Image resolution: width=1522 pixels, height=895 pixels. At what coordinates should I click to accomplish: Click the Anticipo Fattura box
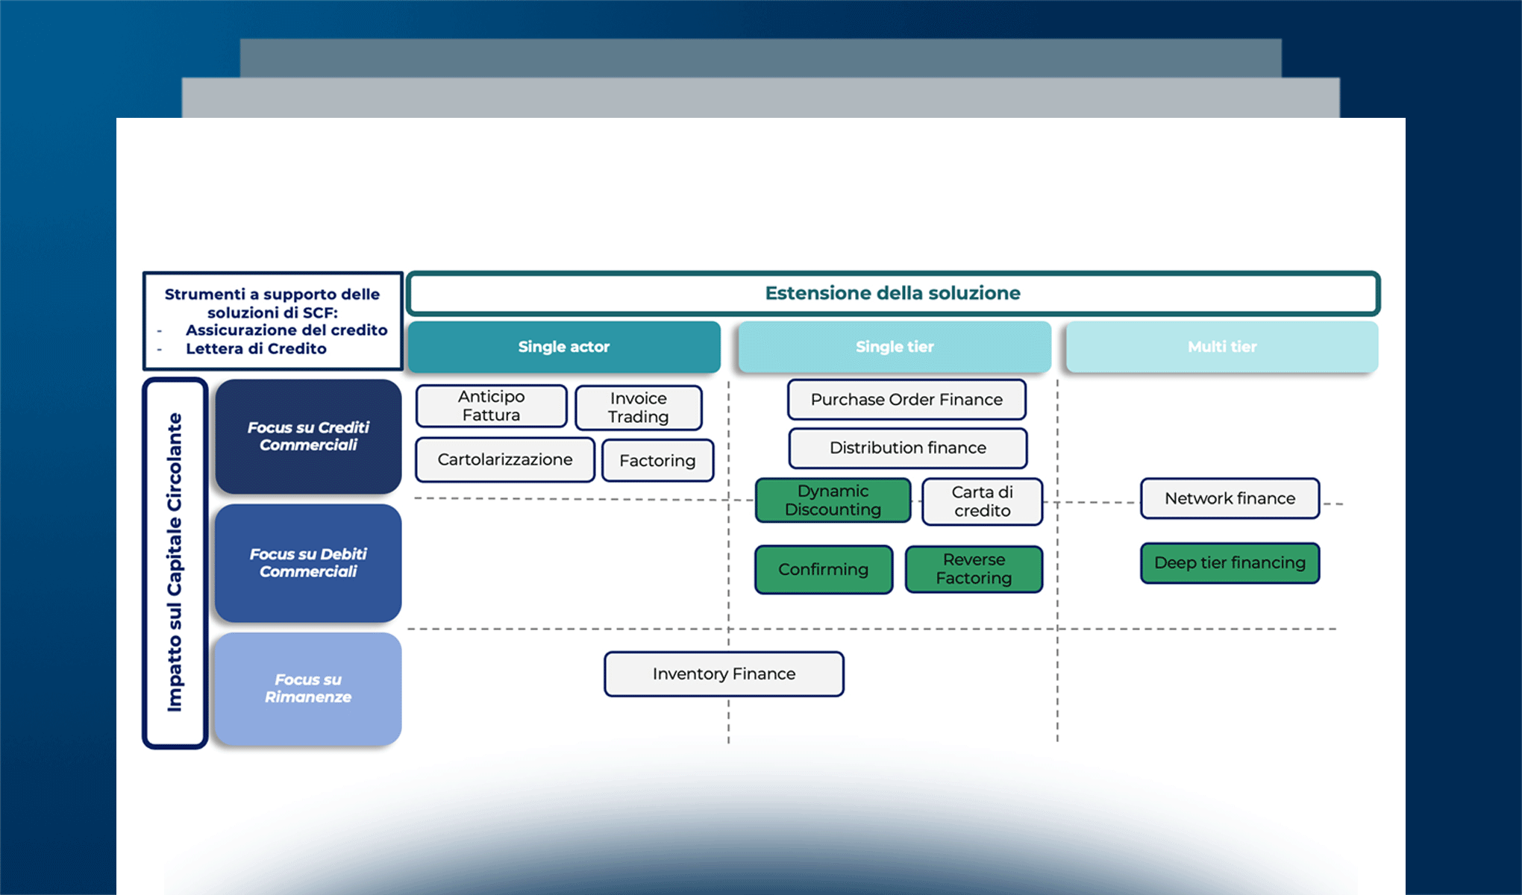coord(491,406)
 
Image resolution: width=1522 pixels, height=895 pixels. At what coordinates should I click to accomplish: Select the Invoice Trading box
coord(638,407)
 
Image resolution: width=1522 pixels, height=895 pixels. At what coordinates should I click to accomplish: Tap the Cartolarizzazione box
coord(505,459)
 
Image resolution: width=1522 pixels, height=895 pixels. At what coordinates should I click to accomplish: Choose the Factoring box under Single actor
coord(657,461)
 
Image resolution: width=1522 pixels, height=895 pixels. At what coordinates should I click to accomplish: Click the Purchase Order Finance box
coord(906,400)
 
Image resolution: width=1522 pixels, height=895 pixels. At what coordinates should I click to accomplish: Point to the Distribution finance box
coord(907,447)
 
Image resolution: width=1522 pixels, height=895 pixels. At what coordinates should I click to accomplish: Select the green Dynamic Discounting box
coord(833,500)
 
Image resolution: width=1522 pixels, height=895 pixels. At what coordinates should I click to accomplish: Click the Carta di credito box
coord(982,501)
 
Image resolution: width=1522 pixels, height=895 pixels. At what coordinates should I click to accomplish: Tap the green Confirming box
coord(823,570)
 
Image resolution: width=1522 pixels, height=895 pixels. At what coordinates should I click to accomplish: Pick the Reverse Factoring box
coord(974,569)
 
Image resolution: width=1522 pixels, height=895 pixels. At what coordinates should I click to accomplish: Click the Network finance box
coord(1230,498)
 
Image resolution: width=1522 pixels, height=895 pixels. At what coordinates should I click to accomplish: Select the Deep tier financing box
coord(1230,563)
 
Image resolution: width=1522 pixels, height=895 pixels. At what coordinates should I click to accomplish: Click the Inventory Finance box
coord(724,674)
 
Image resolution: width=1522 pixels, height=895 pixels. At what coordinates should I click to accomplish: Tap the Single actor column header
coord(564,347)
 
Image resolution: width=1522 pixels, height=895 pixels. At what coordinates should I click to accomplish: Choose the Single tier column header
coord(895,347)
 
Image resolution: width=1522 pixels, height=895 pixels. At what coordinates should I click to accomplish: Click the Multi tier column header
coord(1222,347)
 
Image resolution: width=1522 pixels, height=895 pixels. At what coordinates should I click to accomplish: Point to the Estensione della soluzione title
coord(892,293)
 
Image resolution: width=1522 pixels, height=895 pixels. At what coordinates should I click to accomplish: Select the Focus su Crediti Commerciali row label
coord(308,436)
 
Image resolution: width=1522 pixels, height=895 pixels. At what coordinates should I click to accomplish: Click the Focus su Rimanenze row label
coord(308,688)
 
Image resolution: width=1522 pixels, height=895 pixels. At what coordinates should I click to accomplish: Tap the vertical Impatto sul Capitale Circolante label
coord(175,563)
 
